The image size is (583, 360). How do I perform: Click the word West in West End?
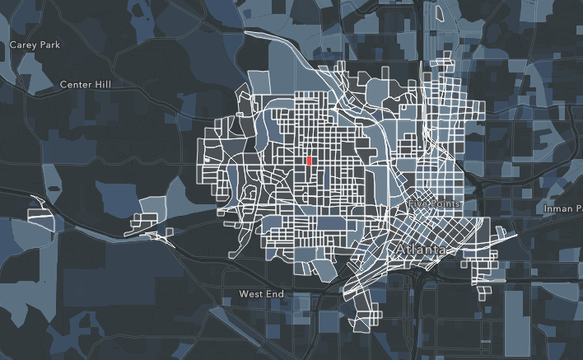tap(250, 293)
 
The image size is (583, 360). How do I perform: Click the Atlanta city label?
tap(420, 249)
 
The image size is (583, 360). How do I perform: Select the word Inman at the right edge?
tap(558, 208)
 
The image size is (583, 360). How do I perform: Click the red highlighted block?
tap(308, 161)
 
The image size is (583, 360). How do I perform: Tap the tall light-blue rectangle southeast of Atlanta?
tap(518, 317)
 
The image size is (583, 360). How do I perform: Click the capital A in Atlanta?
tap(401, 249)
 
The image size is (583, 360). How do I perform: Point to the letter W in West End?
tap(244, 293)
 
